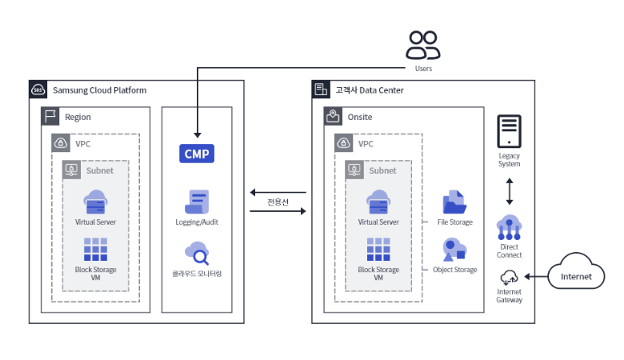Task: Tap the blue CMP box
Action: [197, 153]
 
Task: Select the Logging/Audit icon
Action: [197, 202]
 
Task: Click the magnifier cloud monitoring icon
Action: [197, 253]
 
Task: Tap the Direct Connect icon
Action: [509, 228]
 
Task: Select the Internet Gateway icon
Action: [509, 278]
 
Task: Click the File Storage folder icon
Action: [454, 202]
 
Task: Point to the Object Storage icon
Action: [454, 250]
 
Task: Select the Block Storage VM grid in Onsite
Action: [378, 250]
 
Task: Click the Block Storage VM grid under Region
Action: [95, 250]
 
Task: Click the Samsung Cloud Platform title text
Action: [99, 90]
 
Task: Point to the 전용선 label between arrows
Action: [278, 202]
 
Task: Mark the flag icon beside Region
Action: [50, 116]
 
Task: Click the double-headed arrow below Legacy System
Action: [509, 193]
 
